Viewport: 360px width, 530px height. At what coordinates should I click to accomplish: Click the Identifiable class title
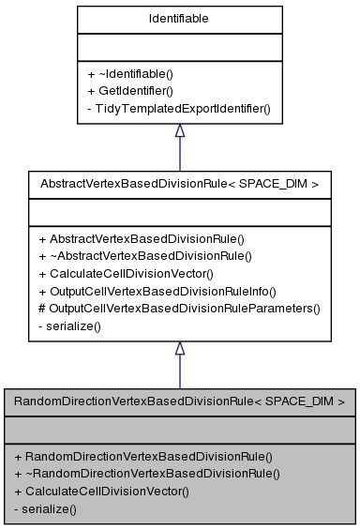(179, 18)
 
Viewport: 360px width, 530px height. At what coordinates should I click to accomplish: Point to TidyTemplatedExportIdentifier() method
(179, 109)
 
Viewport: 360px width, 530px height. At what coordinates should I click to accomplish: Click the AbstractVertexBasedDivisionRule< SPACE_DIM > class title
(179, 184)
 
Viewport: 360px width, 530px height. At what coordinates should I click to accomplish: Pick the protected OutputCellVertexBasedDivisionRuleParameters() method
(179, 308)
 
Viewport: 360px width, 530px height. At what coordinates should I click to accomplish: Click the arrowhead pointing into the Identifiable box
(179, 132)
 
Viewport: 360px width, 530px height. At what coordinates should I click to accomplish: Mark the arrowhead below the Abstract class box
(179, 349)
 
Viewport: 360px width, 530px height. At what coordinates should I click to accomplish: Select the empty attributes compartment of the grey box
(179, 429)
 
